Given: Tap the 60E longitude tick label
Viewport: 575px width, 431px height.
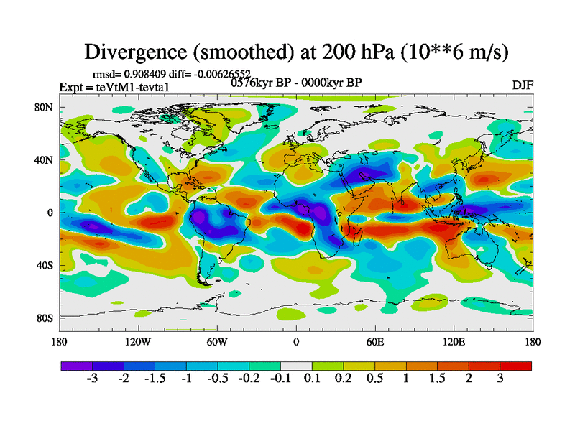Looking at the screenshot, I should tap(374, 342).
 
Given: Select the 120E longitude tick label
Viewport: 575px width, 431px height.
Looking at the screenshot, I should tap(454, 342).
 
